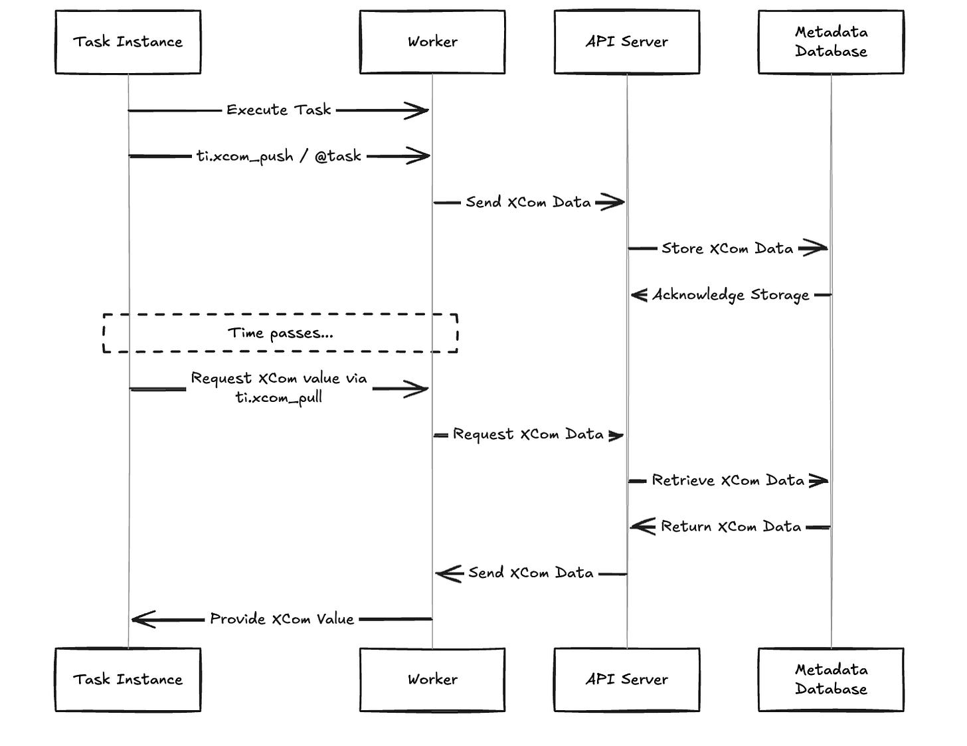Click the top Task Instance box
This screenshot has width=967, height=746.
coord(128,42)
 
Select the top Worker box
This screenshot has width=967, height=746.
coord(432,42)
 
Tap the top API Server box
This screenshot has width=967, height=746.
coord(626,42)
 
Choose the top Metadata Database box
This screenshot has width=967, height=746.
coord(831,42)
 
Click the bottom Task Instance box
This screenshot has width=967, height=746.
coord(128,680)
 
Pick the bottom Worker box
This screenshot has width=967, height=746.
coord(432,680)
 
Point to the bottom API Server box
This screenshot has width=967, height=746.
coord(626,680)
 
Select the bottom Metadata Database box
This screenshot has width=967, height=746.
coord(831,680)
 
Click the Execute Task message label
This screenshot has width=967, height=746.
coord(278,110)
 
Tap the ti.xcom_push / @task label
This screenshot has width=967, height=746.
coord(278,157)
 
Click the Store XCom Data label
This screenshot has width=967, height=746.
coord(727,248)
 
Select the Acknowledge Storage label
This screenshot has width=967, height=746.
coord(731,295)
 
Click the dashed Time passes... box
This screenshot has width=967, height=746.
coord(280,333)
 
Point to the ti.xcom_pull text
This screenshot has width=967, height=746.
coord(278,398)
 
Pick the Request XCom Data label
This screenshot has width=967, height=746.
coord(528,434)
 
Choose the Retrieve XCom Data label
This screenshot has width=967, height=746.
coord(728,480)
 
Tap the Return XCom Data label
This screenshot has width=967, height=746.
coord(731,527)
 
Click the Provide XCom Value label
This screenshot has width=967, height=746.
coord(282,619)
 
